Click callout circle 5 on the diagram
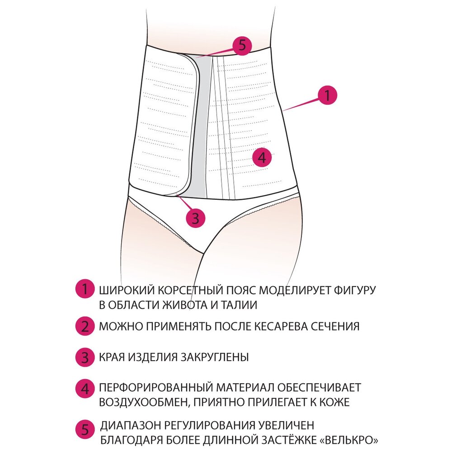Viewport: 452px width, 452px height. click(242, 46)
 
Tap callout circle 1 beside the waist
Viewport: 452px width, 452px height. click(327, 95)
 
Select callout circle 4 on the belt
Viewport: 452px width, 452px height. click(262, 157)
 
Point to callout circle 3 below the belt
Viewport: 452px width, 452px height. click(196, 218)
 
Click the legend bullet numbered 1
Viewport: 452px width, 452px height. click(85, 289)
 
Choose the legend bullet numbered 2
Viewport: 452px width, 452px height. click(85, 326)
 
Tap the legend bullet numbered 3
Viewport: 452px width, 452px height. click(85, 358)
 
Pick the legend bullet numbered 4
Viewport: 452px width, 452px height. click(85, 389)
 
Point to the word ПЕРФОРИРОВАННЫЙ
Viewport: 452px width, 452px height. click(155, 388)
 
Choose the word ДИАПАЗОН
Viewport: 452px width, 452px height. click(130, 425)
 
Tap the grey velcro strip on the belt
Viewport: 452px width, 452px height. click(201, 127)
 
